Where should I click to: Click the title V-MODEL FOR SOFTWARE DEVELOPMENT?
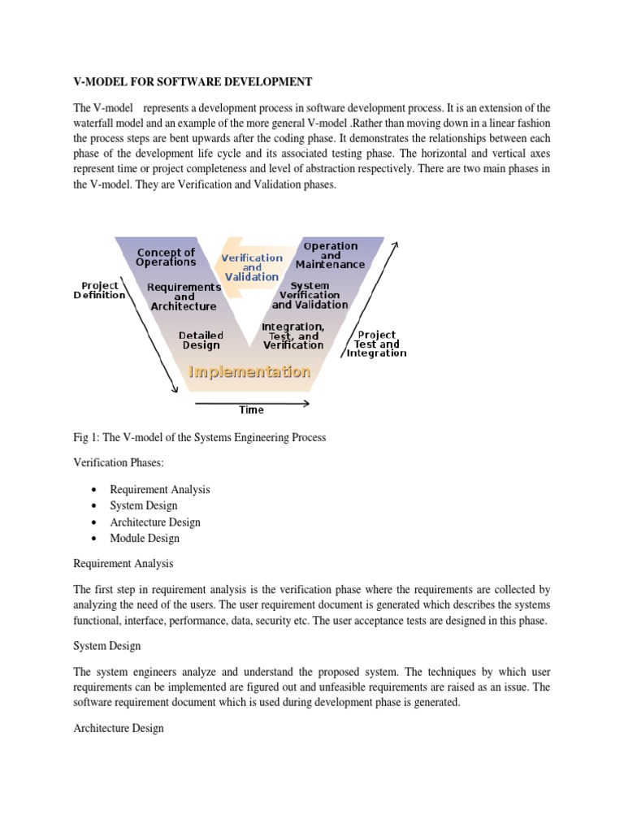click(x=193, y=82)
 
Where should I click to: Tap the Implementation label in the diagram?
click(x=249, y=371)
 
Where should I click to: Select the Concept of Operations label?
click(x=166, y=257)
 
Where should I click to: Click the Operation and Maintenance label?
click(x=330, y=255)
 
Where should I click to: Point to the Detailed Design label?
click(x=201, y=340)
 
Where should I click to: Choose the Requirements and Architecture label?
click(x=184, y=297)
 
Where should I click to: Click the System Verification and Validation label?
click(x=310, y=295)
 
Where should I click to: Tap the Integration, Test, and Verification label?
click(x=292, y=336)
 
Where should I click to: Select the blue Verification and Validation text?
click(x=252, y=267)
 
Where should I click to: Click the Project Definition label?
click(x=100, y=290)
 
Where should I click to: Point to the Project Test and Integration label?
click(x=376, y=344)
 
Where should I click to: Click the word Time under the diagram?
click(x=251, y=410)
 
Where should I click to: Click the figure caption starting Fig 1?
click(x=199, y=437)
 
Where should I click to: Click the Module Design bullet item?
click(x=145, y=538)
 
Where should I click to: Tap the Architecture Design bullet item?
click(x=155, y=522)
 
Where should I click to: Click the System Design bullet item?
click(x=144, y=505)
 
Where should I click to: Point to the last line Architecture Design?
click(x=119, y=728)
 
